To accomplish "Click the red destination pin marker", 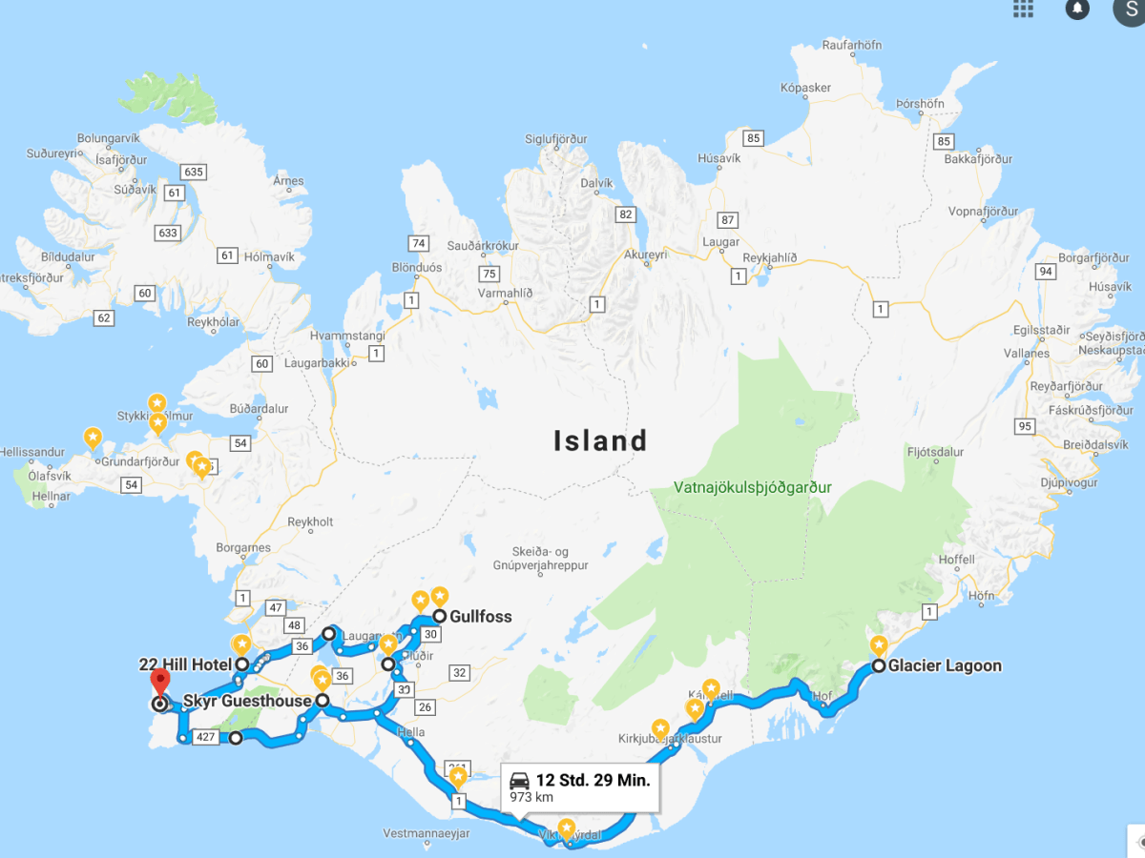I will click(160, 683).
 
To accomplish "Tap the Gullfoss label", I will click(480, 617).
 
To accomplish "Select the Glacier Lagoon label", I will click(945, 666).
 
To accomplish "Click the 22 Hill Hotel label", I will click(185, 664).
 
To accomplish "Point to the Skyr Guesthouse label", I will click(247, 701).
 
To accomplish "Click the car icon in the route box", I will click(520, 780).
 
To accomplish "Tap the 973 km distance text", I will click(531, 797).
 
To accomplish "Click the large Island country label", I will click(601, 440).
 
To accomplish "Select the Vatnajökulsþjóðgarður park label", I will click(753, 487).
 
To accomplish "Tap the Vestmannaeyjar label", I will click(427, 833).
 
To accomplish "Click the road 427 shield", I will click(205, 737).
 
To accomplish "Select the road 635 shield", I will click(193, 172).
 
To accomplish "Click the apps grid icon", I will click(1023, 9).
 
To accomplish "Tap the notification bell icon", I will click(1077, 9).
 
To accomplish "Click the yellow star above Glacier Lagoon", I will click(878, 645).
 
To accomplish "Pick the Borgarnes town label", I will click(243, 548).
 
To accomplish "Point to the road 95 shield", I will click(1026, 425).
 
